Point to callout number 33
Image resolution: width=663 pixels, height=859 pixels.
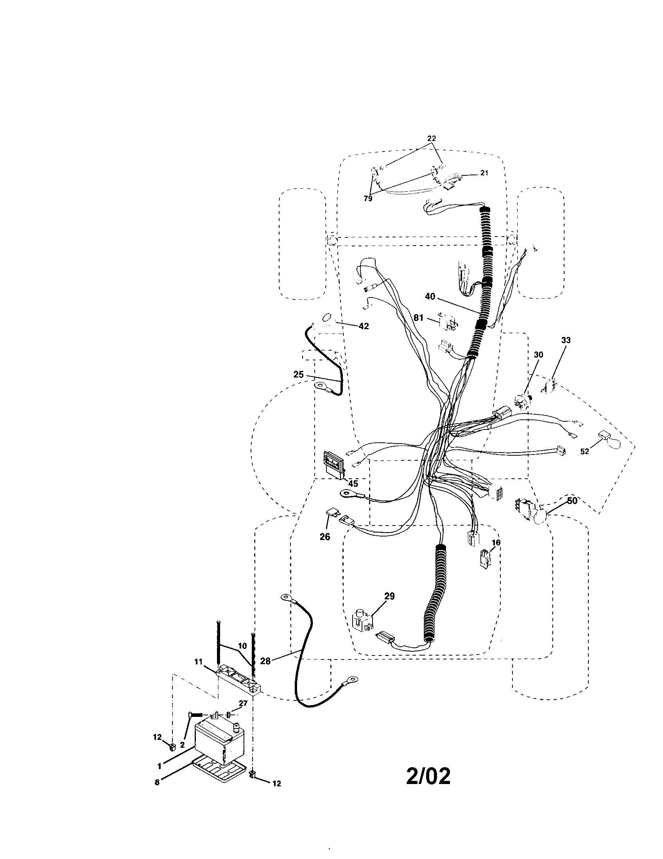click(566, 340)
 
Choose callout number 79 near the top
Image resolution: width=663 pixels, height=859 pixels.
click(368, 199)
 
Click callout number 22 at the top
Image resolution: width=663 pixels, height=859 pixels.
click(432, 139)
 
